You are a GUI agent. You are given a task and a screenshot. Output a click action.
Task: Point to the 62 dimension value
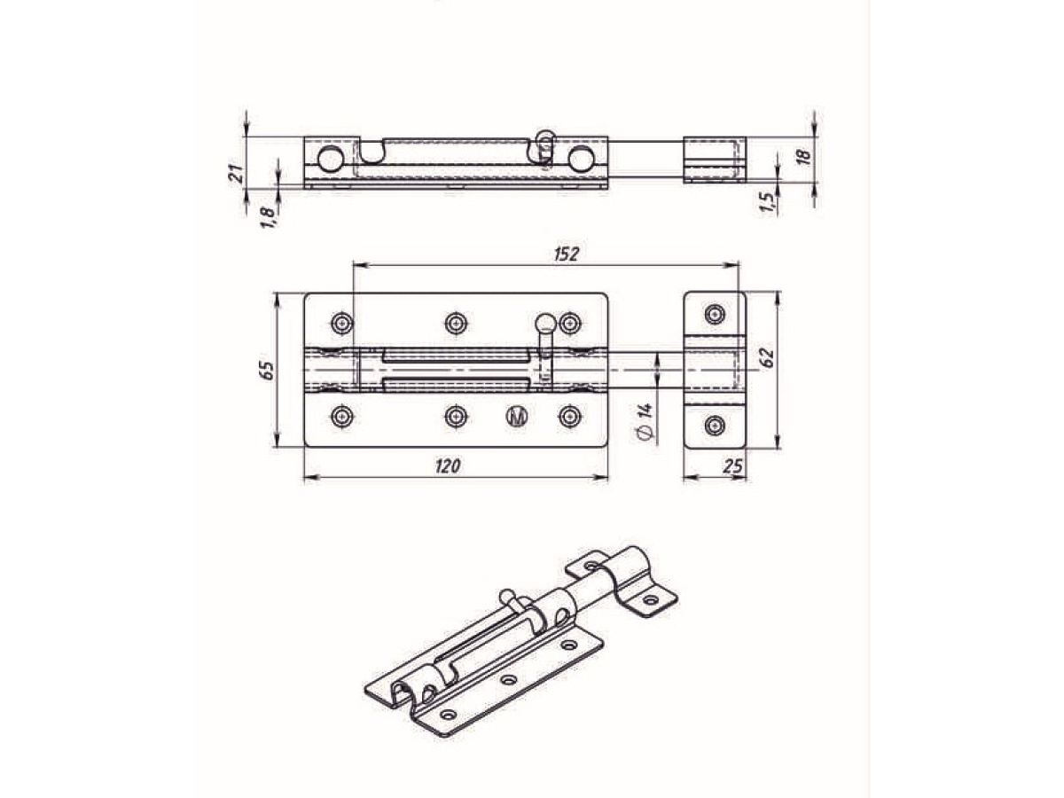[767, 358]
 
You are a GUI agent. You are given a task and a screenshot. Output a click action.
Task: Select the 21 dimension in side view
[236, 174]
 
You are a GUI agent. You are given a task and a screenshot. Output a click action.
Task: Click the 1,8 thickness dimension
[266, 214]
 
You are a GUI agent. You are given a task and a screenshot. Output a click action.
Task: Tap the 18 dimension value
[803, 157]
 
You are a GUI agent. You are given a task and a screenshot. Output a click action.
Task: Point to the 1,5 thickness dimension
[768, 203]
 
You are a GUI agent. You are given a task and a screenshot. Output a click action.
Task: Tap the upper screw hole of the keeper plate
[715, 313]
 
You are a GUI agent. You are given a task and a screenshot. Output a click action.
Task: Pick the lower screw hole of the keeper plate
[715, 426]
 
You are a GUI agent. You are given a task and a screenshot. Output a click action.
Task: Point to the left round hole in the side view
[330, 159]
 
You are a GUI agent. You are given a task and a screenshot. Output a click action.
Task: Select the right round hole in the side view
[581, 159]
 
